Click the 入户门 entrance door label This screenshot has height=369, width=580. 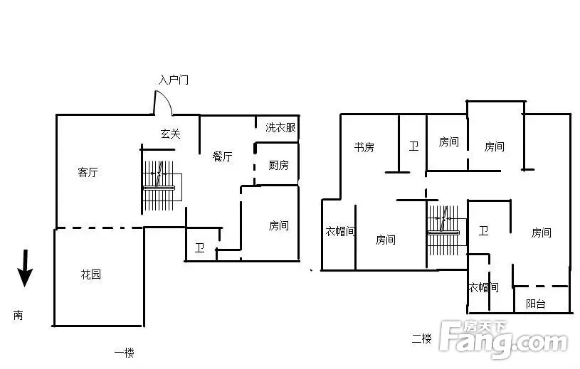174,80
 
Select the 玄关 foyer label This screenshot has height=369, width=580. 171,134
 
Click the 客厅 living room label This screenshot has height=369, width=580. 88,172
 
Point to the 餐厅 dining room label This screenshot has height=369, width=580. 222,156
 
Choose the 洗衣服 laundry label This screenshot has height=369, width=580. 280,127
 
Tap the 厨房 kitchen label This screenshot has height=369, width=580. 278,165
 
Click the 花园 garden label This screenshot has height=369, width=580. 90,274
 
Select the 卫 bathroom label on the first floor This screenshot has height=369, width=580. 200,247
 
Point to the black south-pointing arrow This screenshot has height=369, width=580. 25,268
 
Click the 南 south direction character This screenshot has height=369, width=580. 18,315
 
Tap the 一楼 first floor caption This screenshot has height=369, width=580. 124,353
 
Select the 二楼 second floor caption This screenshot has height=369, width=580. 422,338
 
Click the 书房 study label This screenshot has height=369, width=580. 364,147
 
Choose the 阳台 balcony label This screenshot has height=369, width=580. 536,304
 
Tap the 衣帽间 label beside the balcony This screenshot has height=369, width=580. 483,287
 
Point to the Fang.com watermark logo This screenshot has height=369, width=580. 504,340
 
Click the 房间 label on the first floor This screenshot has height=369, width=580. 278,225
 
